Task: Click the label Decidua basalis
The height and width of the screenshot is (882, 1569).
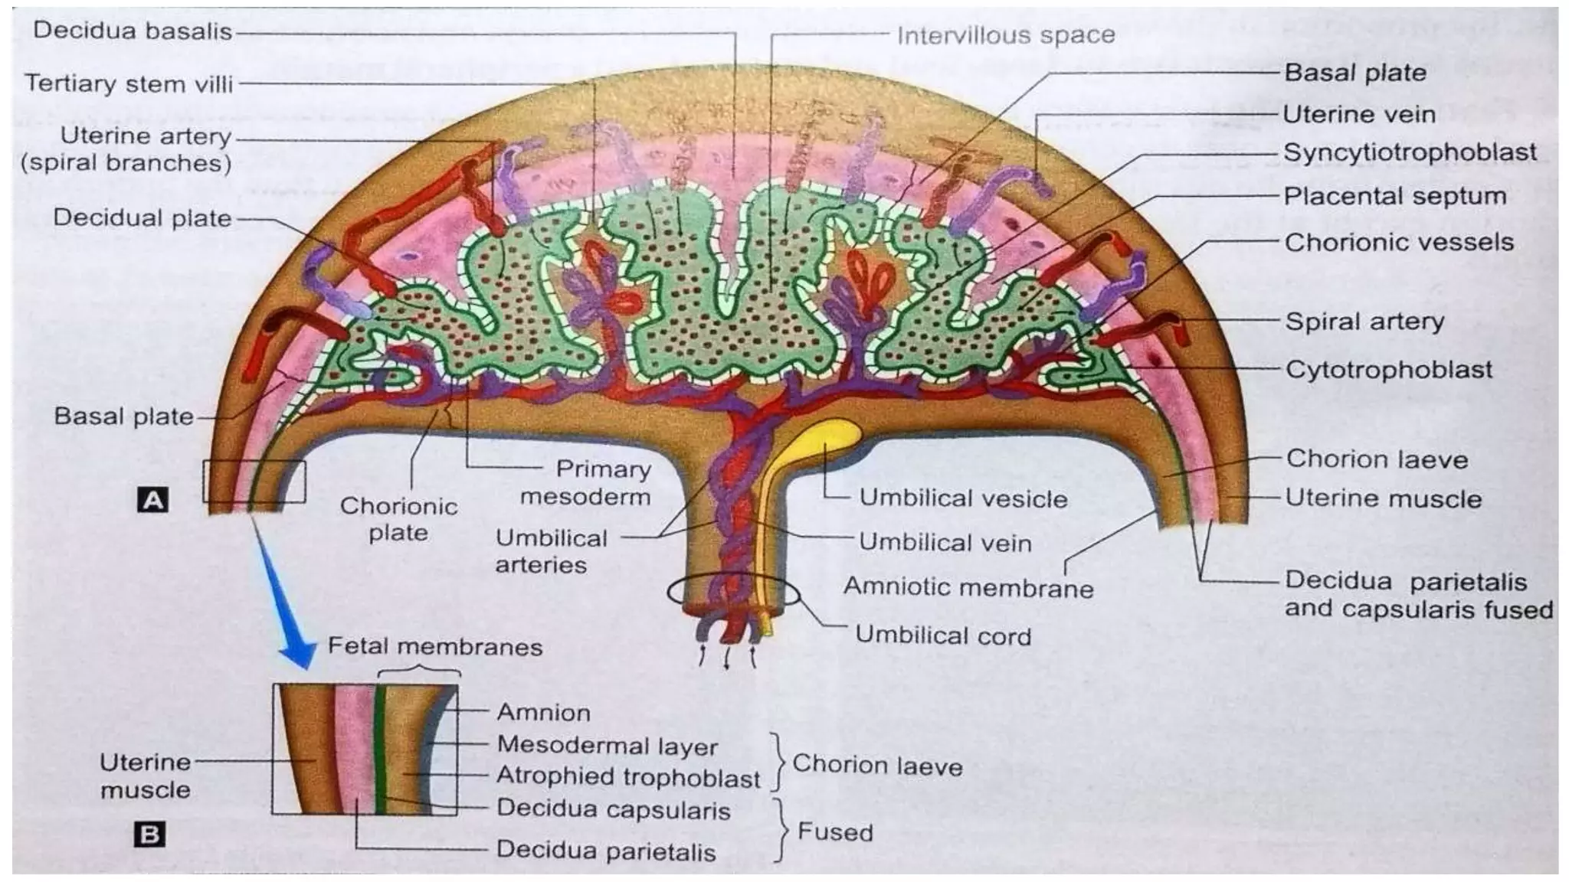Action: pyautogui.click(x=132, y=31)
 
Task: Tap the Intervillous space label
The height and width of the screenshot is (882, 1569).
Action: pyautogui.click(x=1005, y=35)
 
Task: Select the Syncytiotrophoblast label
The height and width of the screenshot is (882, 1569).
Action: pyautogui.click(x=1410, y=152)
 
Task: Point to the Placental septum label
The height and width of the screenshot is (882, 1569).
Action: pyautogui.click(x=1394, y=196)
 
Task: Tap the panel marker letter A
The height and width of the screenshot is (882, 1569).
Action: pyautogui.click(x=152, y=501)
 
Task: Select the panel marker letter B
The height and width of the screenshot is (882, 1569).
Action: pyautogui.click(x=149, y=834)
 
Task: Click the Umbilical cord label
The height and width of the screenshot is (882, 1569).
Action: pyautogui.click(x=942, y=635)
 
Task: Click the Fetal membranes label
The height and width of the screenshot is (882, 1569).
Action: pyautogui.click(x=434, y=647)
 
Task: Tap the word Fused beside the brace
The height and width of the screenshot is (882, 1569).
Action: pyautogui.click(x=834, y=832)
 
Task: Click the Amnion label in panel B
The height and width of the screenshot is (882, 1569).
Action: pyautogui.click(x=543, y=713)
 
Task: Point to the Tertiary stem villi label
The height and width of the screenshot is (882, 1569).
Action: pyautogui.click(x=129, y=83)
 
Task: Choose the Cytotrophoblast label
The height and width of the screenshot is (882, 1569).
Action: pyautogui.click(x=1388, y=370)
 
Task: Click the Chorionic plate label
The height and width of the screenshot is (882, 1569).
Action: pyautogui.click(x=398, y=519)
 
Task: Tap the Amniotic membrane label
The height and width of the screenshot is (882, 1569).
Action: pyautogui.click(x=968, y=588)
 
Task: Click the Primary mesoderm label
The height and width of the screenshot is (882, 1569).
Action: pyautogui.click(x=586, y=483)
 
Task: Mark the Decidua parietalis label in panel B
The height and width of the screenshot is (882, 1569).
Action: pyautogui.click(x=605, y=851)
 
